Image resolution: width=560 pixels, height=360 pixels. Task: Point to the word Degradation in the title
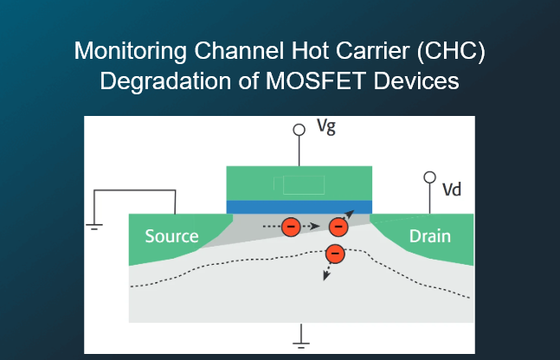point(165,81)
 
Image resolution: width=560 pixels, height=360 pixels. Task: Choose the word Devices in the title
point(416,80)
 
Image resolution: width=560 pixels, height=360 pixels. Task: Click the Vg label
point(326,127)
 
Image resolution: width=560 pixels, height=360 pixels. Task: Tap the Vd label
point(452,190)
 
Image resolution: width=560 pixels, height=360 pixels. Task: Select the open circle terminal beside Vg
point(299,130)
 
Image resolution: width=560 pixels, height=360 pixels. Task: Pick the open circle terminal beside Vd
point(429,177)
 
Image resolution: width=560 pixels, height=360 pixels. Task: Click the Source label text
point(171,236)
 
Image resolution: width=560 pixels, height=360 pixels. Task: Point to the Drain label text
point(430,236)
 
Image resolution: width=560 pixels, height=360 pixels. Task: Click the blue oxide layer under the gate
point(299,207)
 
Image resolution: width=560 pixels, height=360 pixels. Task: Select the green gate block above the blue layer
point(299,183)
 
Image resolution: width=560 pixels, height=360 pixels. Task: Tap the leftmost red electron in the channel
point(291,227)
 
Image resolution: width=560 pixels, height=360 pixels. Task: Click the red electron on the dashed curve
point(335,254)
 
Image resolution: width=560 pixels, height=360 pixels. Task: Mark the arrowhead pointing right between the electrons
point(315,226)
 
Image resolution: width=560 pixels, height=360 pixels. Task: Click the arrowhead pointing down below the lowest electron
point(325,275)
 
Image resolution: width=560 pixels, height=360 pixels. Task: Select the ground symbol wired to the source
point(94,227)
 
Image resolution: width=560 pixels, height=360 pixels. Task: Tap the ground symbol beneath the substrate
point(301,345)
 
